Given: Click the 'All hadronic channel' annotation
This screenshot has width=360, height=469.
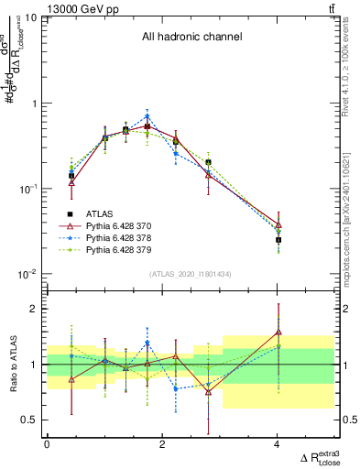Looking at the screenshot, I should [191, 37].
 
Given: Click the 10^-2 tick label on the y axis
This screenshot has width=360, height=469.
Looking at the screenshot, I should [27, 275].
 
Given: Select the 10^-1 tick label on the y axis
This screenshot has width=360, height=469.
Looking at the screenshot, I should [27, 190].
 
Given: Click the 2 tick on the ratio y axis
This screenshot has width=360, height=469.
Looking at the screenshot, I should [36, 310].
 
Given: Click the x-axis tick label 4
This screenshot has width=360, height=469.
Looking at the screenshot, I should [278, 445].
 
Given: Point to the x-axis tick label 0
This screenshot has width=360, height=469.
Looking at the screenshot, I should [47, 445].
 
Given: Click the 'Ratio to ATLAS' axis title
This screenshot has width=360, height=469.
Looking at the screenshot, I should [12, 364].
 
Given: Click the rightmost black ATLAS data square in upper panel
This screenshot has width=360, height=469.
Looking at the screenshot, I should [278, 240].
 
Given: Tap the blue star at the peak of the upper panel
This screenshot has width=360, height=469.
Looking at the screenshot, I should [147, 116].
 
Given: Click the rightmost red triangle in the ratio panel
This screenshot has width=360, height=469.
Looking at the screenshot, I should [278, 332].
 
